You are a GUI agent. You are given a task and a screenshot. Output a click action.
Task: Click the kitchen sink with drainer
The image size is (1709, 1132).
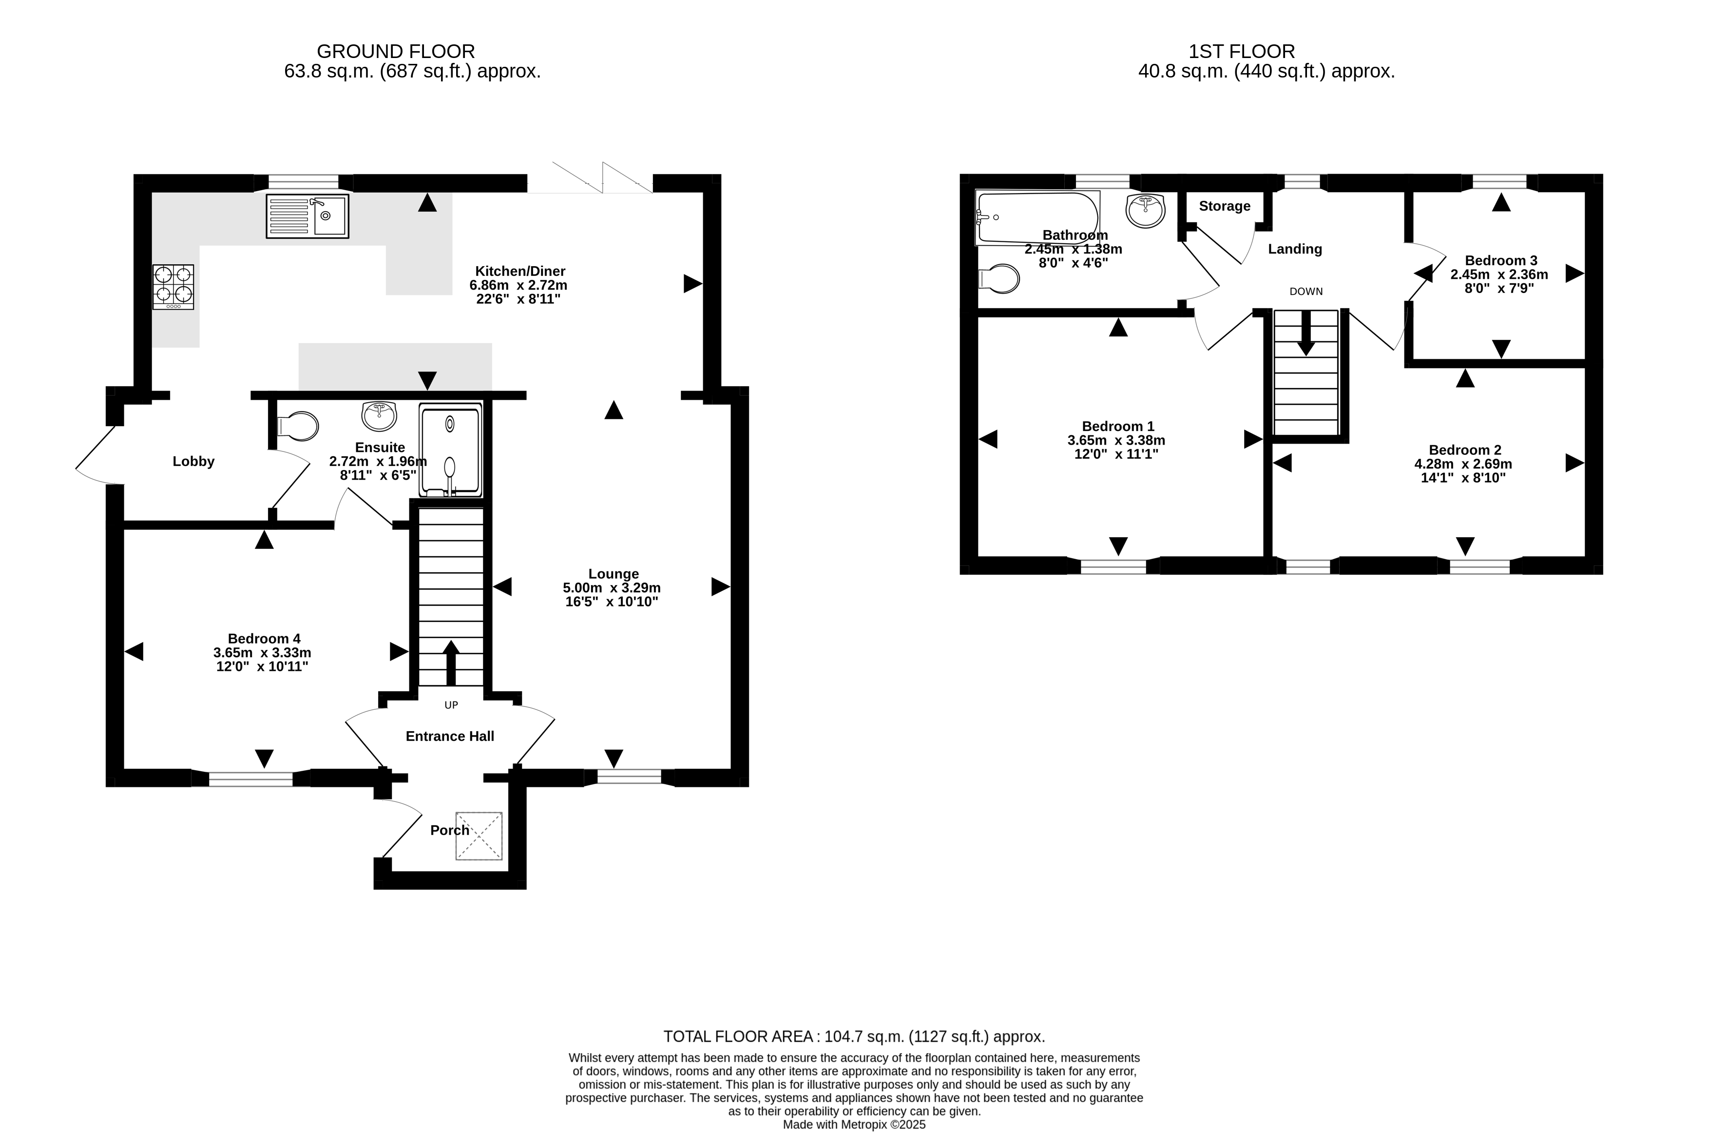[x=307, y=216]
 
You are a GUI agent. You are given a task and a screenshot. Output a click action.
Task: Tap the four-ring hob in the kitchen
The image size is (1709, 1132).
[x=173, y=287]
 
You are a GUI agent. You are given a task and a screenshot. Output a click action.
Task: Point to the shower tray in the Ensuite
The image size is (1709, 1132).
[x=450, y=450]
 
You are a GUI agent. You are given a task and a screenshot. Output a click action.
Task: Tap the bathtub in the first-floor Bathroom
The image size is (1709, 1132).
[x=1037, y=217]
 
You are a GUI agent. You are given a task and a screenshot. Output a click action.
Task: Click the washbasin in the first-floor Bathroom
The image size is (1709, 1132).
[x=1145, y=210]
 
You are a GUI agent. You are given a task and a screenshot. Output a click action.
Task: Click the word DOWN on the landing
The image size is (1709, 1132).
[x=1306, y=292]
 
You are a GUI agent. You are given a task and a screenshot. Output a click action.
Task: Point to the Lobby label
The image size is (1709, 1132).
[x=193, y=461]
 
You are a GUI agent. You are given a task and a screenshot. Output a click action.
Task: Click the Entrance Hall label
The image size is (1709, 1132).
[x=450, y=736]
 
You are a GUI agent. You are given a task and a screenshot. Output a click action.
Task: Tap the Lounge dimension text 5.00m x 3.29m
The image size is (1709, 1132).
[x=612, y=587]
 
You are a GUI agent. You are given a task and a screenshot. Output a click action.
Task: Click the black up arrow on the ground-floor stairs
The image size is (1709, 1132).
[x=451, y=663]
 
